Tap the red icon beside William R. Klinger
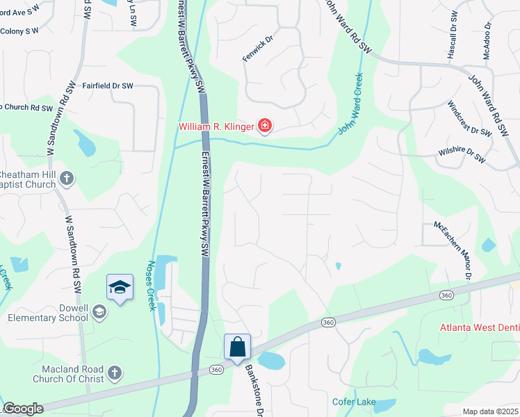265,126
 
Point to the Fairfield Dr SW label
108,86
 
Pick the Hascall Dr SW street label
453,28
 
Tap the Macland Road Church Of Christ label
68,374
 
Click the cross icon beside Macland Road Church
115,374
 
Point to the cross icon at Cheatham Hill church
66,179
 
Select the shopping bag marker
237,346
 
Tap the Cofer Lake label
354,402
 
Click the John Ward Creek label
351,105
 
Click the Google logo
23,409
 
